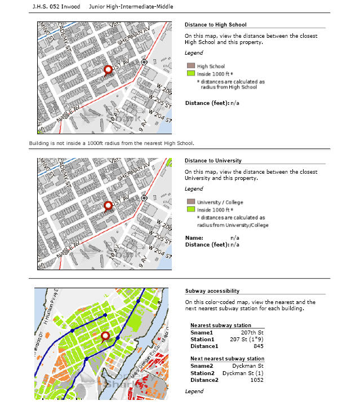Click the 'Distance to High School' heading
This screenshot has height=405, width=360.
pyautogui.click(x=215, y=24)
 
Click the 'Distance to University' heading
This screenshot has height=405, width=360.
pyautogui.click(x=213, y=161)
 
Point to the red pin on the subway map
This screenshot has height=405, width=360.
pyautogui.click(x=105, y=337)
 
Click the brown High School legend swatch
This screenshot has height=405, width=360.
pyautogui.click(x=190, y=67)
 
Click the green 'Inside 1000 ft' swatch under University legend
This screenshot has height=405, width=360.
pyautogui.click(x=190, y=209)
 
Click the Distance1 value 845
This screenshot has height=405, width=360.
pyautogui.click(x=259, y=346)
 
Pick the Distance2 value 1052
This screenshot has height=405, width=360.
pyautogui.click(x=257, y=379)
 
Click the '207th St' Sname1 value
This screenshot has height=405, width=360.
pyautogui.click(x=254, y=332)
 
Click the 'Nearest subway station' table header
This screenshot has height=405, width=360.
pyautogui.click(x=221, y=325)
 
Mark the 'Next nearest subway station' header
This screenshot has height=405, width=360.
pyautogui.click(x=227, y=359)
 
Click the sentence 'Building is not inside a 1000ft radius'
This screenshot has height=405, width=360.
pyautogui.click(x=112, y=143)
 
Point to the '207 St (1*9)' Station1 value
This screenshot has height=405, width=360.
pyautogui.click(x=248, y=339)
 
